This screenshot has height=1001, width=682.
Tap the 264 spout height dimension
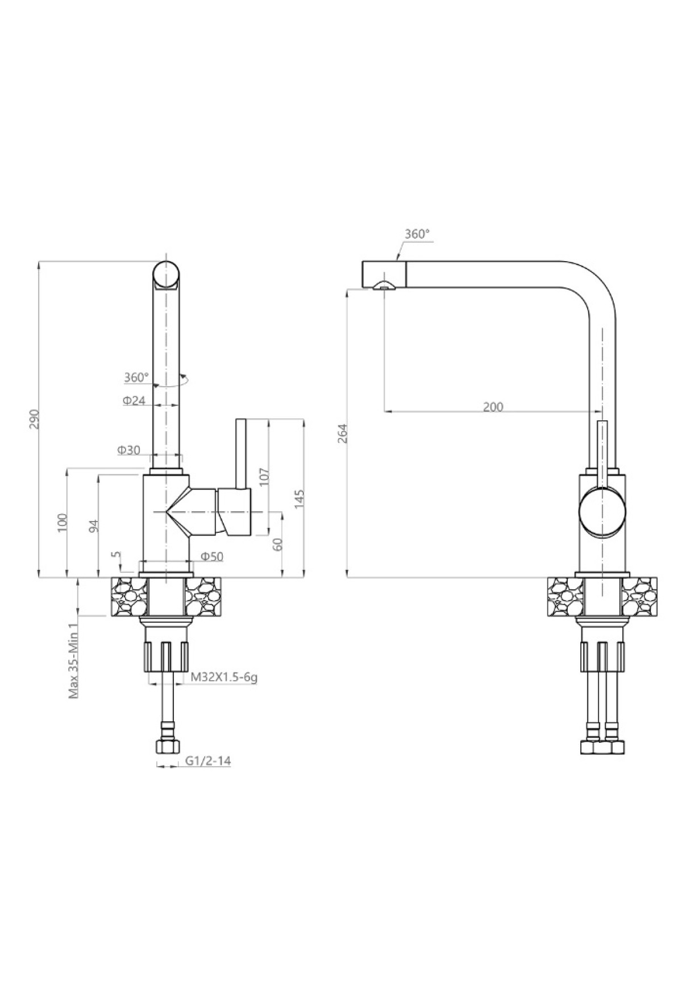click(x=342, y=435)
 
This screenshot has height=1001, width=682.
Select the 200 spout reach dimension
click(x=493, y=407)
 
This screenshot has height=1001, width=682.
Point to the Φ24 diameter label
click(x=134, y=400)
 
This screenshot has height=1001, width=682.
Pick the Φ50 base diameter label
click(x=212, y=557)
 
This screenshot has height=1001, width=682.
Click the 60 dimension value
click(x=277, y=544)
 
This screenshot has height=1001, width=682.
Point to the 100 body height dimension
click(x=63, y=522)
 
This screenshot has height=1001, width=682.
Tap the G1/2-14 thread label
click(x=208, y=762)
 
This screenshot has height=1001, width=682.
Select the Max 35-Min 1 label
click(x=73, y=660)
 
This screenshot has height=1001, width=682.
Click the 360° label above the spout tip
click(x=417, y=234)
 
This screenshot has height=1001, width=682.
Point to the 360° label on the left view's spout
click(x=136, y=377)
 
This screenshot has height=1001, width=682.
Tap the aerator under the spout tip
click(x=384, y=286)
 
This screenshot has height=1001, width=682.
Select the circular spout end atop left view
click(x=165, y=275)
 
